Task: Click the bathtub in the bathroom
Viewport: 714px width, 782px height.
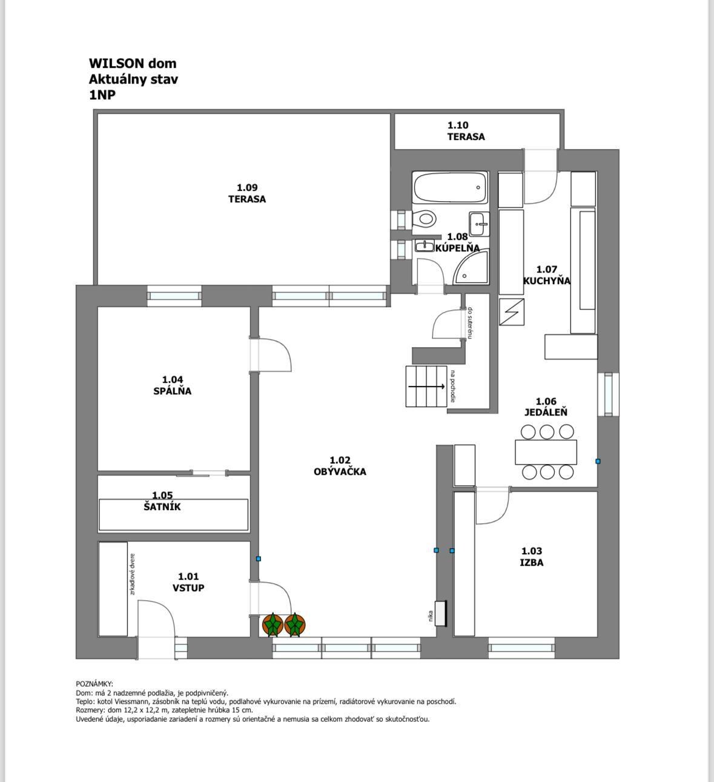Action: click(450, 188)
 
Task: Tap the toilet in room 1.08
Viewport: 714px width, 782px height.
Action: click(425, 220)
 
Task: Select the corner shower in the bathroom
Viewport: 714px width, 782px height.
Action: click(471, 267)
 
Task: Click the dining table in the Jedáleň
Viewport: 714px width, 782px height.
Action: click(546, 452)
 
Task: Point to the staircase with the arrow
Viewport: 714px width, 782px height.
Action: click(426, 386)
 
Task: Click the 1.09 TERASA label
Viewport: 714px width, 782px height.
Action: click(247, 193)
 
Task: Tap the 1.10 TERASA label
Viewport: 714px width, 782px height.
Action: click(466, 131)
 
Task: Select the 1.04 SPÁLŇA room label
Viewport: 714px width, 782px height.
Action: click(172, 385)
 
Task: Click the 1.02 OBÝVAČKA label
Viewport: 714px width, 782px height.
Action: click(340, 466)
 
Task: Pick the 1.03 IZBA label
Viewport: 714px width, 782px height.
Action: click(532, 557)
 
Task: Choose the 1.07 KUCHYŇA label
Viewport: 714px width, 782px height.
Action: click(546, 275)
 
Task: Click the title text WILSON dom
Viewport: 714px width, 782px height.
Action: click(133, 63)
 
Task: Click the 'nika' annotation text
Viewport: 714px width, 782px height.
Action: click(430, 615)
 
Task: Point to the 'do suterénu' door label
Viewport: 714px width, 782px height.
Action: click(470, 323)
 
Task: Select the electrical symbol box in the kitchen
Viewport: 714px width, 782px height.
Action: click(511, 312)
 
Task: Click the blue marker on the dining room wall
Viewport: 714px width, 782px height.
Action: click(598, 461)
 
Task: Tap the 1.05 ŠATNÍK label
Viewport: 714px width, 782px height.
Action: click(162, 501)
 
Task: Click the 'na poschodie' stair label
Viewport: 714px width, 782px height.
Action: click(453, 386)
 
